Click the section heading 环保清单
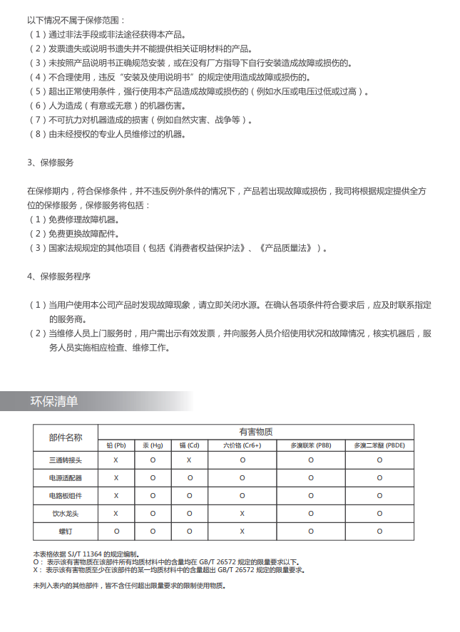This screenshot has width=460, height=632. (x=54, y=401)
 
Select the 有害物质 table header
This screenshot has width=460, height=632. (x=256, y=432)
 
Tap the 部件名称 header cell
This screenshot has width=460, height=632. (x=66, y=437)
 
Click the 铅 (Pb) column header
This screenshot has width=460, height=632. (x=116, y=445)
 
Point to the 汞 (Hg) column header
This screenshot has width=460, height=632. (x=153, y=445)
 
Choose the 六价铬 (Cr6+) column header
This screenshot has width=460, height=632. (x=242, y=445)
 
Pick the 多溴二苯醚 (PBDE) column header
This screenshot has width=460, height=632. (x=379, y=445)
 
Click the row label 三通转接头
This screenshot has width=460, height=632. (x=66, y=460)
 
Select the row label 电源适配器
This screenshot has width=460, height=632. (x=66, y=478)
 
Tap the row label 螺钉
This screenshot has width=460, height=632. (x=66, y=532)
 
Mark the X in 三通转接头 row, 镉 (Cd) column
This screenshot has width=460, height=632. (x=190, y=460)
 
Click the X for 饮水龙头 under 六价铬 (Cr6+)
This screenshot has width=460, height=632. (x=242, y=514)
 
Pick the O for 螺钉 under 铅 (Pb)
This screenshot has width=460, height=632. (x=116, y=532)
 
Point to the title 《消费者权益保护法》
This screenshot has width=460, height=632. (x=208, y=248)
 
